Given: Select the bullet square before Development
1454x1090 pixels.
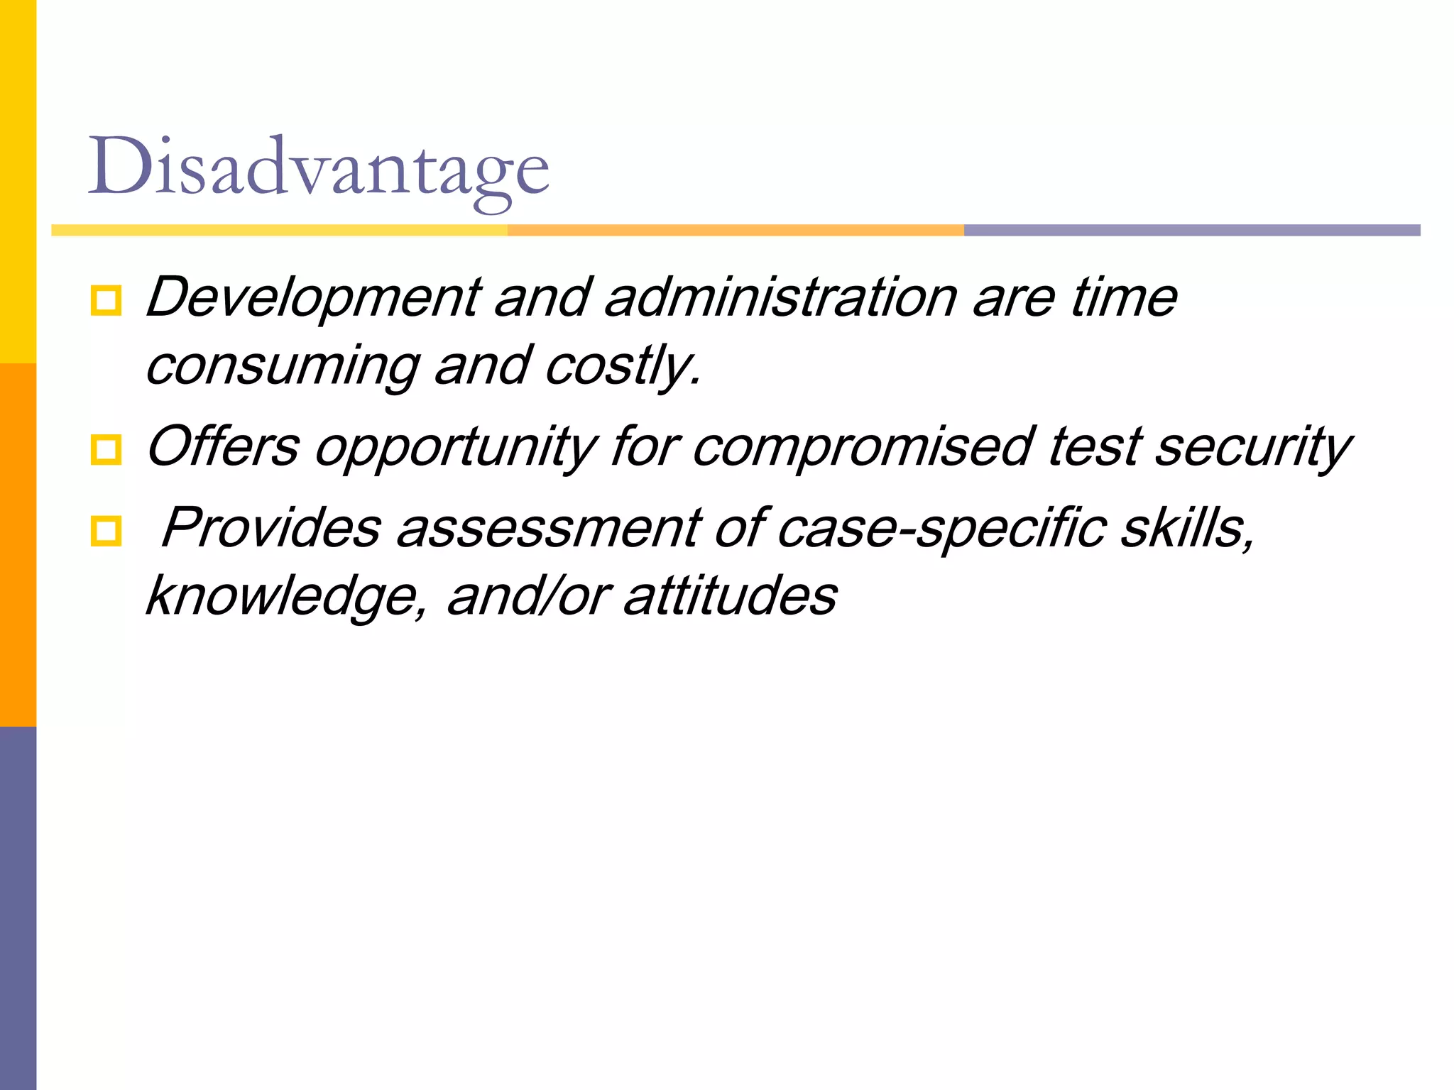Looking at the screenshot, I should [106, 301].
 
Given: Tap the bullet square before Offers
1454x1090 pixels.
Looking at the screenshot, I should [106, 450].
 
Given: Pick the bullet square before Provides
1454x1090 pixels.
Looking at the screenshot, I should [106, 531].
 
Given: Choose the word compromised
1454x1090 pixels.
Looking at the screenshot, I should [862, 447].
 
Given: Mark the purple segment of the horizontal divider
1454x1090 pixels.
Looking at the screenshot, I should [1191, 230].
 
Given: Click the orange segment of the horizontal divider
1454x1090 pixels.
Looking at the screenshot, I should [736, 230].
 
